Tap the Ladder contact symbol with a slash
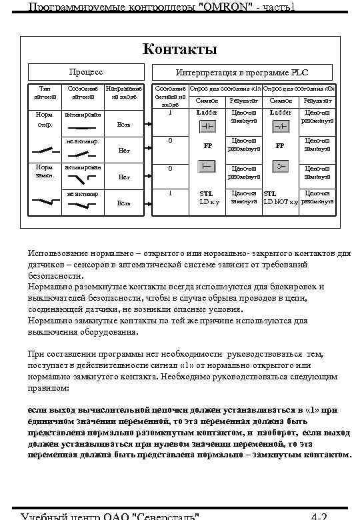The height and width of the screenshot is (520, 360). (x=281, y=125)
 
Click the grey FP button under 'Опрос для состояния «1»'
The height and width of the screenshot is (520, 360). (x=207, y=166)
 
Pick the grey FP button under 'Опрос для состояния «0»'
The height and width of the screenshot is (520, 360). (x=281, y=166)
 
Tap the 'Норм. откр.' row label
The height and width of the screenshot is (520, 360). (x=45, y=119)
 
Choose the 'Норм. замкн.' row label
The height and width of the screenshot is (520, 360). (x=45, y=170)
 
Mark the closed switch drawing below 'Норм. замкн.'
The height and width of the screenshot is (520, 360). (x=45, y=199)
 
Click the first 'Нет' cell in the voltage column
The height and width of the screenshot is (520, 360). (x=124, y=150)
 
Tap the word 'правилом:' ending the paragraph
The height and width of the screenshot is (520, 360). (x=48, y=387)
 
